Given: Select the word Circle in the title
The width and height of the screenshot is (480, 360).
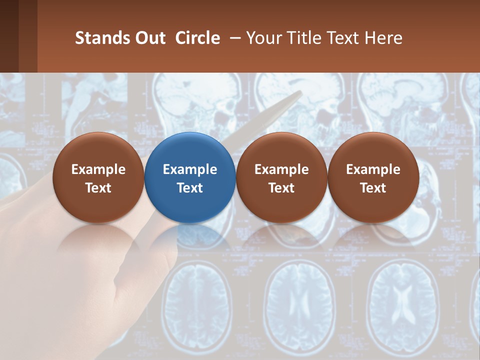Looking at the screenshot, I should [197, 38].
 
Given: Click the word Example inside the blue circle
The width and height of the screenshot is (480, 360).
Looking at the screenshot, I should [190, 169].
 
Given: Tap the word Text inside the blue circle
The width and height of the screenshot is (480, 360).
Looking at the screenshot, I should [190, 188].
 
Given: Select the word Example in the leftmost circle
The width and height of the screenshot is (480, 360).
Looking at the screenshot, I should [98, 169].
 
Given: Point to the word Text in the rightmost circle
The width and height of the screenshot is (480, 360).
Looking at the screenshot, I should [373, 188].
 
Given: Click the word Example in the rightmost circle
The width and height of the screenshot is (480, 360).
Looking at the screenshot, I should [373, 169].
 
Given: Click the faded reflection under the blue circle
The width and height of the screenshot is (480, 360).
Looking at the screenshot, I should [190, 237].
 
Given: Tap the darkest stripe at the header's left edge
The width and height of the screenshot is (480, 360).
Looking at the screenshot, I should [9, 36].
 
